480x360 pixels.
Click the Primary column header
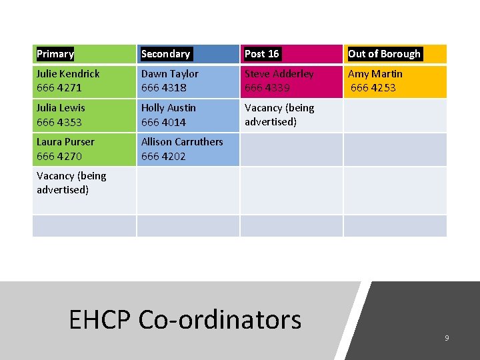[x=55, y=54]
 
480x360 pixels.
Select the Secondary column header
[x=166, y=54]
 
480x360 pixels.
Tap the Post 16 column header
[x=262, y=54]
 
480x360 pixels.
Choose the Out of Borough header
[x=385, y=54]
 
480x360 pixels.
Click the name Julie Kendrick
[x=68, y=74]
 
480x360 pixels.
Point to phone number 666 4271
[x=59, y=88]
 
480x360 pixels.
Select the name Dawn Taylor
[x=170, y=74]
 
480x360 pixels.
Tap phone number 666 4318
[x=164, y=88]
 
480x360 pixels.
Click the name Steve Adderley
[x=279, y=74]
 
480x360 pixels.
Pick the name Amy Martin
[x=375, y=74]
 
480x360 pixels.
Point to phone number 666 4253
[x=373, y=88]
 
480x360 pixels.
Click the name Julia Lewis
[x=61, y=108]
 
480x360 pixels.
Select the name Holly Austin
[x=169, y=108]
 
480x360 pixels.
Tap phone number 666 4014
[x=164, y=123]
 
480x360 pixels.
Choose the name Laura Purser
[x=65, y=142]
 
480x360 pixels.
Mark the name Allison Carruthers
[x=182, y=142]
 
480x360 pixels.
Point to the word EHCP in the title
[x=100, y=320]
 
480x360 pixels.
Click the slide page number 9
[x=447, y=339]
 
